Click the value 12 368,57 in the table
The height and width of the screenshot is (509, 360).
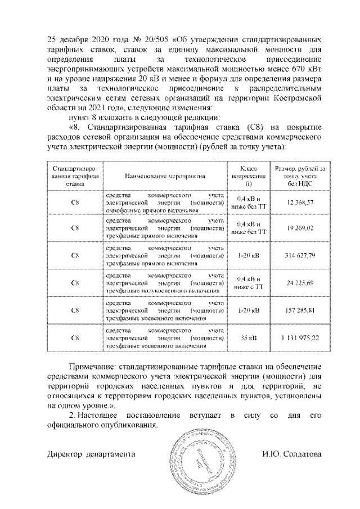pos(299,201)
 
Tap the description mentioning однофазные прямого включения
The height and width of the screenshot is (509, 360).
pos(165,201)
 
